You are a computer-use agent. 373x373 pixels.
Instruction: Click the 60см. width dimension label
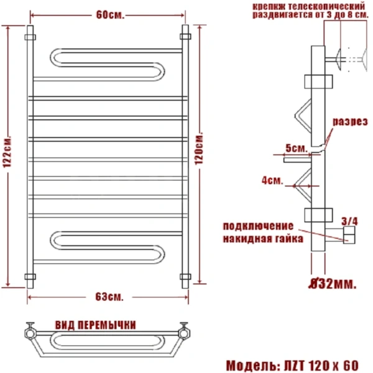[106, 15]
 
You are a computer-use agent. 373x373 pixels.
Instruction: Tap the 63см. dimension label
[109, 295]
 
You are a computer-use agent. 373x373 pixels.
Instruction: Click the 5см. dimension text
[294, 149]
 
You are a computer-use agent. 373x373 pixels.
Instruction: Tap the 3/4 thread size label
[350, 221]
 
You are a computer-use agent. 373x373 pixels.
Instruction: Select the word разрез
[348, 122]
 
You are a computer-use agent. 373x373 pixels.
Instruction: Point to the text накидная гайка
[262, 238]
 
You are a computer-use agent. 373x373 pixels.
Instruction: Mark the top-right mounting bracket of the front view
[185, 34]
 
